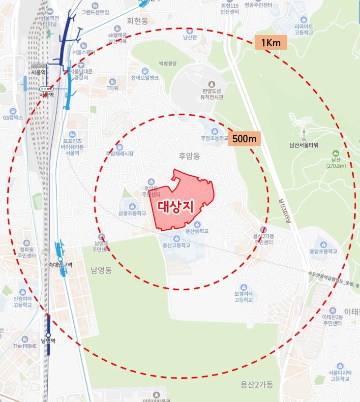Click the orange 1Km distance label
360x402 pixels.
pos(271,43)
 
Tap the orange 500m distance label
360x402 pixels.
pos(244,139)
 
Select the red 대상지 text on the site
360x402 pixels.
pos(176,206)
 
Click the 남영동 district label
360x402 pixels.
pos(102,270)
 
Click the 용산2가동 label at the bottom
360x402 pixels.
pos(256,384)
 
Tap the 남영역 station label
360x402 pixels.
pos(48,340)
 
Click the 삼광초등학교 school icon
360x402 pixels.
pos(132,206)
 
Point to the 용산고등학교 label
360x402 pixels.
pos(176,245)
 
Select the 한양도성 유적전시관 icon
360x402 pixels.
pos(212,84)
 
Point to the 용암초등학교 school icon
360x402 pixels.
pos(323,244)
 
